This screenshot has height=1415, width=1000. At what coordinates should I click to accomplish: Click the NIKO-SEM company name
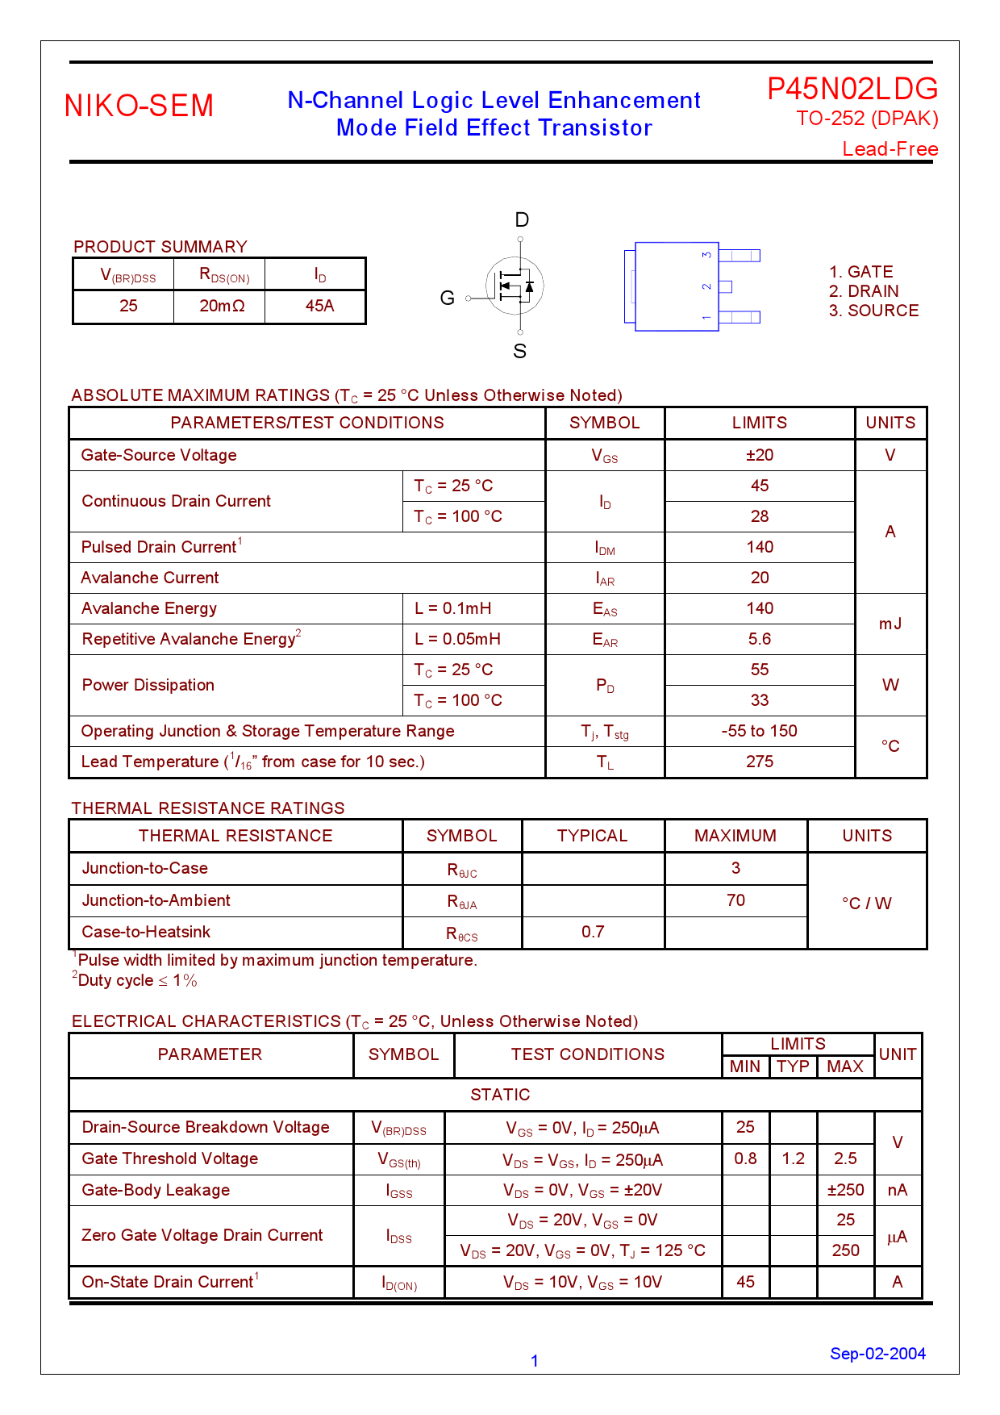(139, 106)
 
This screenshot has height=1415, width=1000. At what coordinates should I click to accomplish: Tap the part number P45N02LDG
(852, 89)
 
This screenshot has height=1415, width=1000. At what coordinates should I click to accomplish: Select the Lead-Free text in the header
(890, 149)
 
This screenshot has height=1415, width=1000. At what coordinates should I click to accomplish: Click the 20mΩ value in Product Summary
(222, 307)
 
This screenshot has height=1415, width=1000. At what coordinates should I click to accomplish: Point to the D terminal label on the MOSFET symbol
(522, 219)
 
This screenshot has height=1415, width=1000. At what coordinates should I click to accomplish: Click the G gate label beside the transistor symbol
(448, 298)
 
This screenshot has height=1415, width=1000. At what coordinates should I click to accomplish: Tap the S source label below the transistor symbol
(520, 352)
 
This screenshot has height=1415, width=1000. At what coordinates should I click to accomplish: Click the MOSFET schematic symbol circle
(515, 286)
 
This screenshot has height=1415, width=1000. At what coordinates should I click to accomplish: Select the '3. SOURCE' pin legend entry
(873, 311)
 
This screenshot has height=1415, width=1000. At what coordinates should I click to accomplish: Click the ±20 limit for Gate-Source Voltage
(760, 455)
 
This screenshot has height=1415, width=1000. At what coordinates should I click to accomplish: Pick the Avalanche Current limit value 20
(760, 578)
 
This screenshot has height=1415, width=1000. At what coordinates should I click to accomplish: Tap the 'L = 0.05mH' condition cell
(457, 639)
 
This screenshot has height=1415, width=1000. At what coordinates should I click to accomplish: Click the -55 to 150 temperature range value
(760, 731)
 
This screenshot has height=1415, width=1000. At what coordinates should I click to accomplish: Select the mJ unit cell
(890, 624)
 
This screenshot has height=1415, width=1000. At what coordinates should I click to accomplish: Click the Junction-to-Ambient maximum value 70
(735, 900)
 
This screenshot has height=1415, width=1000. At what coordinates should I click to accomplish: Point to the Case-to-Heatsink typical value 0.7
(593, 932)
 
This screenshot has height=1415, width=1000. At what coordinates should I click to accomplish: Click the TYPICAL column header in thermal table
(592, 836)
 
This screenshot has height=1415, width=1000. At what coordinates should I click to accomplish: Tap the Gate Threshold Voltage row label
(170, 1158)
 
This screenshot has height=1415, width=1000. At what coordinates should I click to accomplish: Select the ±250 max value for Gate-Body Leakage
(845, 1190)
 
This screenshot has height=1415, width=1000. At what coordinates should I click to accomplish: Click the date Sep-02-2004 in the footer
(877, 1354)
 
